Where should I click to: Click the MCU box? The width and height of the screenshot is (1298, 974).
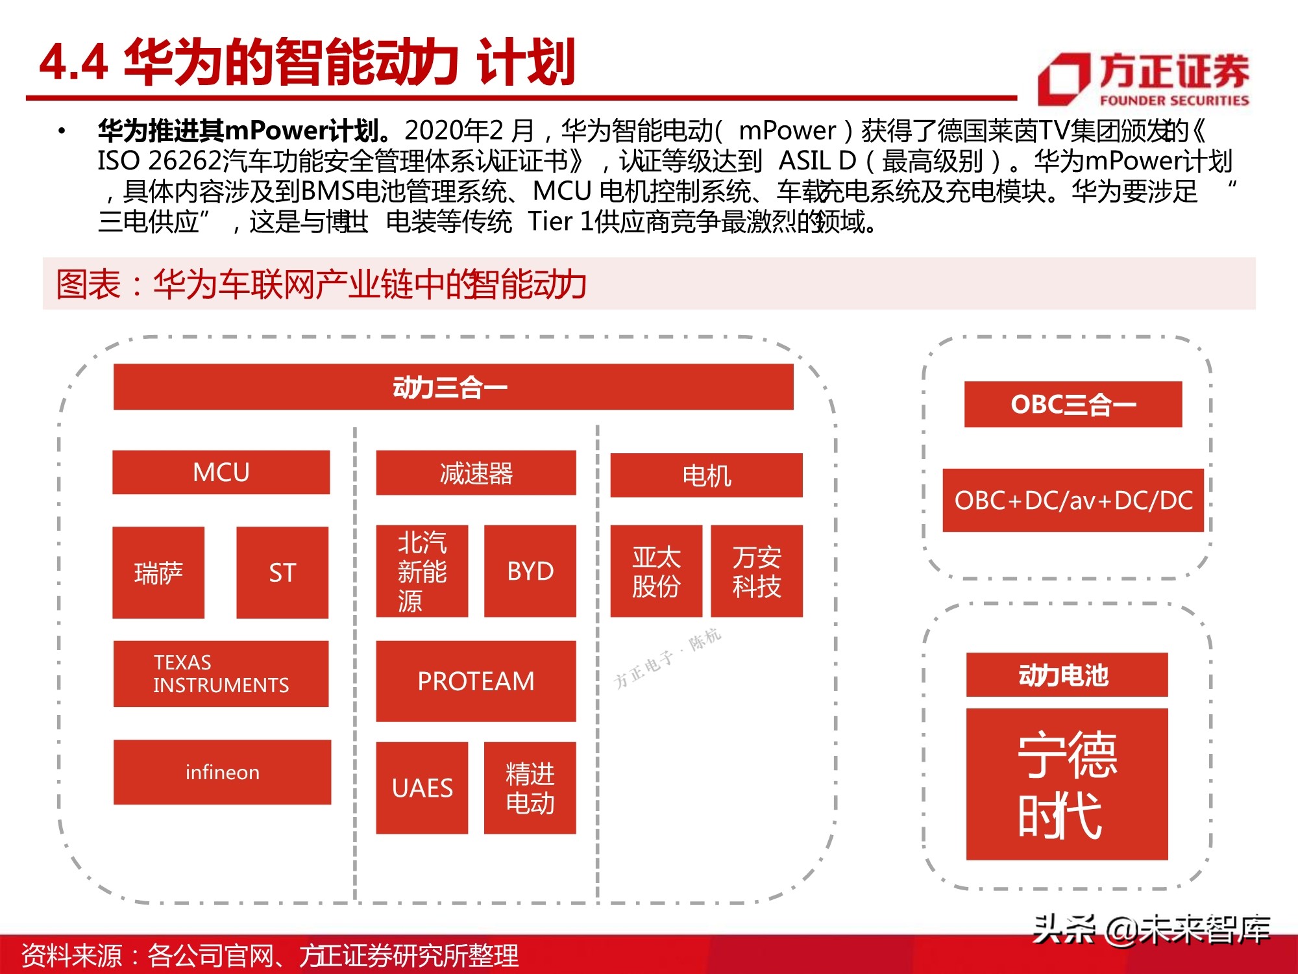221,472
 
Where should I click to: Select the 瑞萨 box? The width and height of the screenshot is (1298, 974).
158,572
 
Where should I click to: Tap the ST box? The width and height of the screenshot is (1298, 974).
282,572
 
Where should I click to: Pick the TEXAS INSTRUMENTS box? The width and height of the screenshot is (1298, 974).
221,673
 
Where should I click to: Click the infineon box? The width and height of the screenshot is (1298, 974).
222,772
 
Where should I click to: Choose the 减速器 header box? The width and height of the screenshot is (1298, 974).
476,473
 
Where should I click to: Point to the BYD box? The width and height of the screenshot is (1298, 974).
530,571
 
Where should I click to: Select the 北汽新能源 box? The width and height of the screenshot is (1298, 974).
422,571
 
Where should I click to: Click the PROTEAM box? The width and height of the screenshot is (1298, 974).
476,681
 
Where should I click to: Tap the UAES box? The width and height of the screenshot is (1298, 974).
422,788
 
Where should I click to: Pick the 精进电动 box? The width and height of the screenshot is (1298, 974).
530,788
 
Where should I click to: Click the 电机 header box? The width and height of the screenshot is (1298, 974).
706,475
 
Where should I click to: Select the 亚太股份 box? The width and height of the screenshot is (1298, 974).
656,571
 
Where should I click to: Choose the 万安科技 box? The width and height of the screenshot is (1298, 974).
757,571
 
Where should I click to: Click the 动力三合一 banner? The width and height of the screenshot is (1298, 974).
453,387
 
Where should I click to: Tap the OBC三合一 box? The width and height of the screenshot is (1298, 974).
1073,404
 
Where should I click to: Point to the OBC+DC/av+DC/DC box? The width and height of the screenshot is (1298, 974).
1073,500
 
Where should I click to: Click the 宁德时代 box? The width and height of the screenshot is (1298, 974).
1066,784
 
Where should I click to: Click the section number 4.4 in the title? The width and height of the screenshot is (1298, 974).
73,63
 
